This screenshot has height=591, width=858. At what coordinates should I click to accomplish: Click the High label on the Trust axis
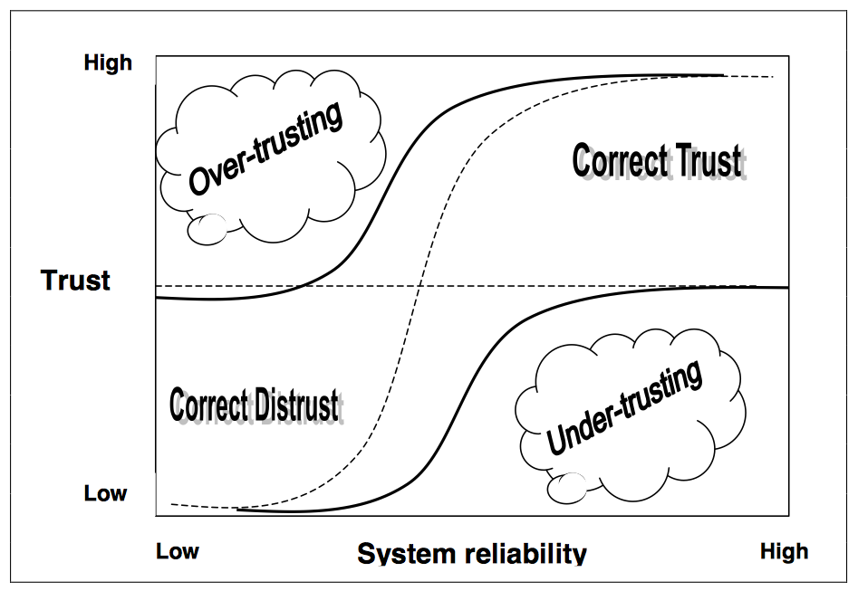[108, 63]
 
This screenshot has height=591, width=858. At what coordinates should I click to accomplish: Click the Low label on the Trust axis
[106, 494]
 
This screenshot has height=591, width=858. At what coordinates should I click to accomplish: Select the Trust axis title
[75, 280]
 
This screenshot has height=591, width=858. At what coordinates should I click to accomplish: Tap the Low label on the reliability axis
[178, 551]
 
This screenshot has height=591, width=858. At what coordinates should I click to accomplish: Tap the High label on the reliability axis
[784, 551]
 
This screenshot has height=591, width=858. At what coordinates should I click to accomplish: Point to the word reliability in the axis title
[530, 554]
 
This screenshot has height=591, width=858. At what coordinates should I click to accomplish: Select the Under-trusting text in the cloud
[625, 408]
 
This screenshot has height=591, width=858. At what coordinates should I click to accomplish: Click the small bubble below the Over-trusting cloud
[209, 227]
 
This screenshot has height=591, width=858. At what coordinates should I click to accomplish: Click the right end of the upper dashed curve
[776, 77]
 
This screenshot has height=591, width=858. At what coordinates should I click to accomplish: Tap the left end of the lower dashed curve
[171, 502]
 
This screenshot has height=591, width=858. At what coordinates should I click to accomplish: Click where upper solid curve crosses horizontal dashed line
[305, 286]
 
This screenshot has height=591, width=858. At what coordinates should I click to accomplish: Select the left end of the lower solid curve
[238, 510]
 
